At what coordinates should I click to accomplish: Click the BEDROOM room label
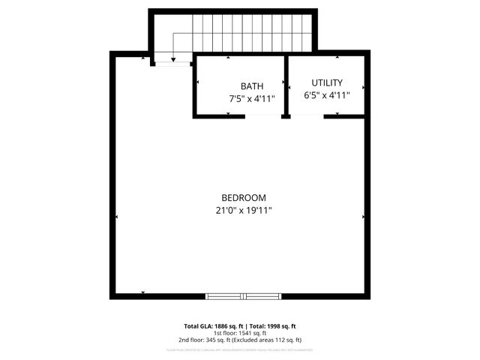[x=239, y=197]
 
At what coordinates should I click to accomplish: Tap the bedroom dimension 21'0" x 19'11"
[x=239, y=211]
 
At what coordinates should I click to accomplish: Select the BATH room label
[x=252, y=86]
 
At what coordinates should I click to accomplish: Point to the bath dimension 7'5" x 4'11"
[x=252, y=98]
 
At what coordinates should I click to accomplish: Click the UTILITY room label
[x=327, y=83]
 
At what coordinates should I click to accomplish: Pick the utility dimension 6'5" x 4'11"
[x=327, y=95]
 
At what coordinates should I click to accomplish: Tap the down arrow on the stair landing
[x=173, y=58]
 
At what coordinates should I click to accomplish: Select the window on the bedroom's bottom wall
[x=243, y=295]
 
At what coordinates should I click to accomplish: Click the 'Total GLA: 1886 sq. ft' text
[x=211, y=326]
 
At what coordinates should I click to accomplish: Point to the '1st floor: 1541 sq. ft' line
[x=240, y=333]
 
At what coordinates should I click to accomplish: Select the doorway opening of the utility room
[x=307, y=116]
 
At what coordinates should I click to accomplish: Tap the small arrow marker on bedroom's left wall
[x=117, y=217]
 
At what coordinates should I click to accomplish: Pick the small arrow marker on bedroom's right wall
[x=364, y=217]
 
